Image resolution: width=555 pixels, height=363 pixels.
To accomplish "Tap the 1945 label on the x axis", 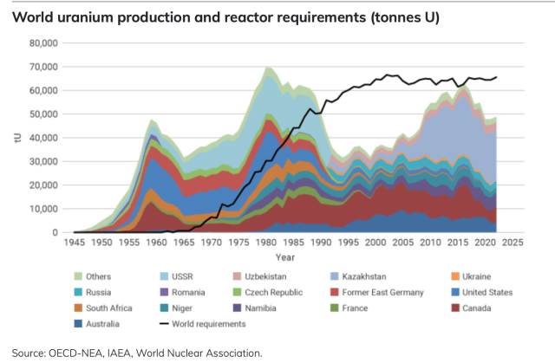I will [75, 243].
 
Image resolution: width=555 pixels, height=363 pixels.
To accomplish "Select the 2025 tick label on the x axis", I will [512, 243].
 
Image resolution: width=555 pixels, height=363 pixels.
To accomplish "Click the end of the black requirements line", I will [496, 77].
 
